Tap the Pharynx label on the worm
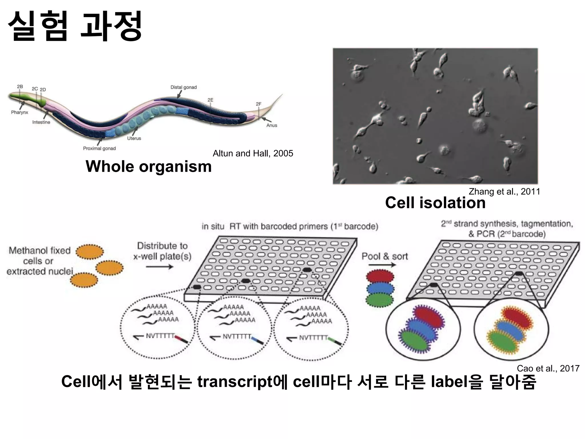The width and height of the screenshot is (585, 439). pyautogui.click(x=20, y=112)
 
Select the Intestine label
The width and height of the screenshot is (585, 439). pyautogui.click(x=41, y=122)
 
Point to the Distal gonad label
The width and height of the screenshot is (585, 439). pyautogui.click(x=184, y=87)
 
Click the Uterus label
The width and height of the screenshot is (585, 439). pyautogui.click(x=134, y=138)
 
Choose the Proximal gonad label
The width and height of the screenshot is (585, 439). pyautogui.click(x=99, y=148)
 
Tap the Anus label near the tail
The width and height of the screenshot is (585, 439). pyautogui.click(x=272, y=125)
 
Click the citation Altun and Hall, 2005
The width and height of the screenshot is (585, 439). pyautogui.click(x=253, y=153)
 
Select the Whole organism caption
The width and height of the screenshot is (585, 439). pyautogui.click(x=149, y=166)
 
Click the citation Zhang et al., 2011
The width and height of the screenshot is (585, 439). pyautogui.click(x=504, y=191)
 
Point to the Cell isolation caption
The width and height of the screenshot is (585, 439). pyautogui.click(x=435, y=203)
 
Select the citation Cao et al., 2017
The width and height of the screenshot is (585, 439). pyautogui.click(x=548, y=368)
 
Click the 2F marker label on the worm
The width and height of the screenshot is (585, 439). pyautogui.click(x=259, y=104)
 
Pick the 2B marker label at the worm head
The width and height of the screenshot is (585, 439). pyautogui.click(x=20, y=86)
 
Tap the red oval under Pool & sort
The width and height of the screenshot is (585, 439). pyautogui.click(x=380, y=277)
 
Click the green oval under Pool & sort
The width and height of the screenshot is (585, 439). pyautogui.click(x=380, y=300)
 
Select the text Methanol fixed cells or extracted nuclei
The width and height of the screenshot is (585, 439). pyautogui.click(x=40, y=261)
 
